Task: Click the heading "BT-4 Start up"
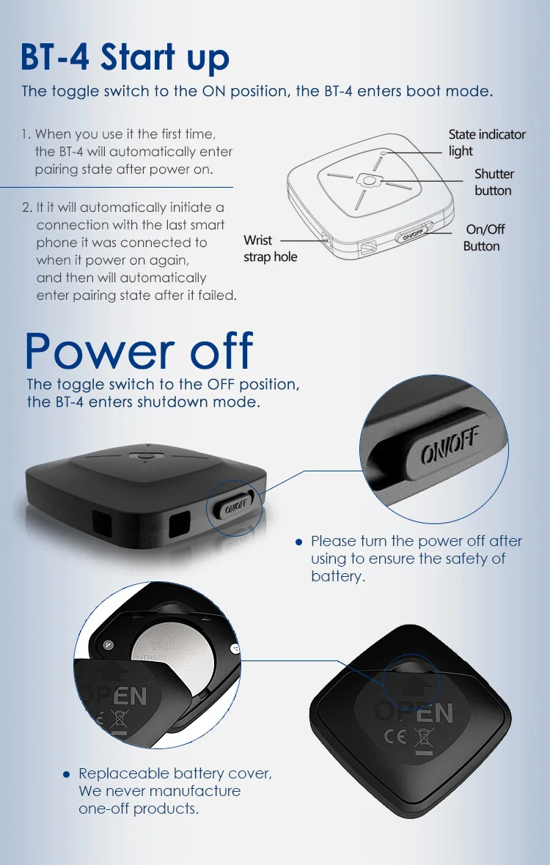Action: click(125, 56)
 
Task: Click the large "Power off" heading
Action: click(139, 350)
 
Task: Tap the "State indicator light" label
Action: click(486, 142)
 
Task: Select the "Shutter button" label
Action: click(494, 182)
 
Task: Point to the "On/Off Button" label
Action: click(484, 238)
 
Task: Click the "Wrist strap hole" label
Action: click(270, 249)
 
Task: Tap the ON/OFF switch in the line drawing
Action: click(412, 236)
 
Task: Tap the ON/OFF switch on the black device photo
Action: click(235, 506)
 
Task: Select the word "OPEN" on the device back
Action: click(414, 711)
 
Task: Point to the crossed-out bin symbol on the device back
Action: click(423, 737)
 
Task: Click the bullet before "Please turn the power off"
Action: click(298, 542)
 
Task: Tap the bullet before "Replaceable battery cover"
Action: click(66, 774)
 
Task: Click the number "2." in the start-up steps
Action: click(27, 208)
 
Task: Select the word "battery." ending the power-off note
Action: click(337, 576)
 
